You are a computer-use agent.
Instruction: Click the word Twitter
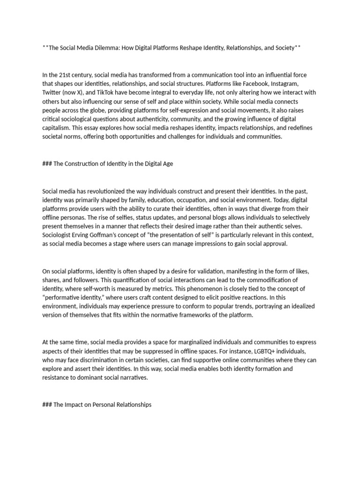(52, 93)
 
